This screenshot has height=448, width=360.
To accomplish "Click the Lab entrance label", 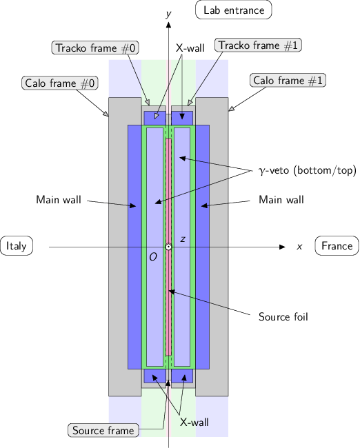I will (234, 10).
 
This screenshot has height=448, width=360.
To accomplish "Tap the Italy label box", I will (17, 246).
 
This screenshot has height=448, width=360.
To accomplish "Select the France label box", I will (337, 246).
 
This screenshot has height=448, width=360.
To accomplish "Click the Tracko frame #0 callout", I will (95, 48).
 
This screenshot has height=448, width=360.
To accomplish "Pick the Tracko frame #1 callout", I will (259, 45).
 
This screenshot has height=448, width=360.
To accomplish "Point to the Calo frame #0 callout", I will (61, 83).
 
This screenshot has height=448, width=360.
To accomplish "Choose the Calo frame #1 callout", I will (288, 81).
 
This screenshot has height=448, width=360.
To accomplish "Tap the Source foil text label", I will (283, 317).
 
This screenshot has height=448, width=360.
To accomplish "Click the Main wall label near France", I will (281, 200).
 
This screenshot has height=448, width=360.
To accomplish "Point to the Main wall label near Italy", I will (59, 201).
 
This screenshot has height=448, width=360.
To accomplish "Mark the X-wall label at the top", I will (190, 48).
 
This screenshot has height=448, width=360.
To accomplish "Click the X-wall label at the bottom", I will (194, 422).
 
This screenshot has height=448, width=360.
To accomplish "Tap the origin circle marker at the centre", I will (168, 247).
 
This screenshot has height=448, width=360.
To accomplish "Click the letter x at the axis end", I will (299, 246).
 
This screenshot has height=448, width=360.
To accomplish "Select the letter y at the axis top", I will (169, 13).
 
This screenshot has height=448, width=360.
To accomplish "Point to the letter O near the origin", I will (153, 257).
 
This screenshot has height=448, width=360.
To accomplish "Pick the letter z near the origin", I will (182, 239).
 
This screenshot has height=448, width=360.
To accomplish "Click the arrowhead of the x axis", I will (282, 247).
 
